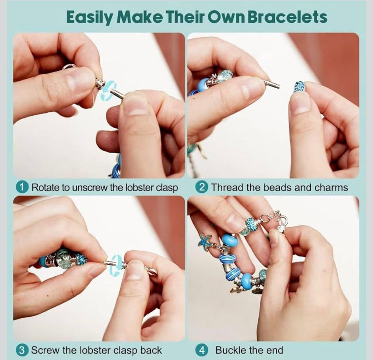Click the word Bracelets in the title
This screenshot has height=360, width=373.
[287, 17]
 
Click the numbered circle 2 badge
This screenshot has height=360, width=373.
[201, 187]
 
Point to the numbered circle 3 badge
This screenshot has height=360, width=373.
[21, 350]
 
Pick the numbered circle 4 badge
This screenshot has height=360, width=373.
[201, 350]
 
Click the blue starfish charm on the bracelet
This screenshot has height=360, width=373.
[205, 241]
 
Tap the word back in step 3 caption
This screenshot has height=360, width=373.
[151, 351]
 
